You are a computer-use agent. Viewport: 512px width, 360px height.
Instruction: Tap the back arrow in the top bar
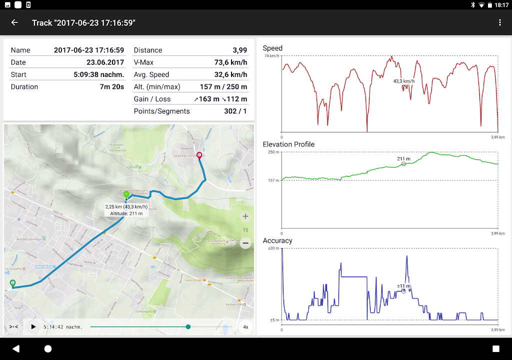pyautogui.click(x=14, y=22)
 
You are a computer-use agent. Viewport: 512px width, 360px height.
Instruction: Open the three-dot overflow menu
pyautogui.click(x=499, y=22)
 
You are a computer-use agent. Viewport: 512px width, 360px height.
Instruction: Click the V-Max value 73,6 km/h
pyautogui.click(x=228, y=62)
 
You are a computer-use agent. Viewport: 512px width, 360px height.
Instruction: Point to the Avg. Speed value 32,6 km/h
pyautogui.click(x=228, y=74)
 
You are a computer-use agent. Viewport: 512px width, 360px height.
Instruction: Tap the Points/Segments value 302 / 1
pyautogui.click(x=235, y=111)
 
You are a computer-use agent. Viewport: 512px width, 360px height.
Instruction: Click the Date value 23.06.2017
pyautogui.click(x=105, y=62)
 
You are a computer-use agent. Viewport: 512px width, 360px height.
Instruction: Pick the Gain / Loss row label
pyautogui.click(x=152, y=99)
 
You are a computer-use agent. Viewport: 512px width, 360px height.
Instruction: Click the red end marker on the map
pyautogui.click(x=199, y=156)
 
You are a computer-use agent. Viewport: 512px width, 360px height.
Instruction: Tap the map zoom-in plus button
pyautogui.click(x=245, y=216)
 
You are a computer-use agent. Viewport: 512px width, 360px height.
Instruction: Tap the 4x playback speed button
pyautogui.click(x=245, y=327)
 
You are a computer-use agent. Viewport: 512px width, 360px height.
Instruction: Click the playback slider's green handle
pyautogui.click(x=188, y=327)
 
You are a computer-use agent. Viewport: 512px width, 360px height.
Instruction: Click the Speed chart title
pyautogui.click(x=272, y=48)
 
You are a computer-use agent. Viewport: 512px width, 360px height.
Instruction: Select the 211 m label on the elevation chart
pyautogui.click(x=404, y=159)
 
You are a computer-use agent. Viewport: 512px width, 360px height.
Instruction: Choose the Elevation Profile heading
pyautogui.click(x=288, y=144)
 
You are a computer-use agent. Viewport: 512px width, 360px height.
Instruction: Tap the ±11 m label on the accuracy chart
pyautogui.click(x=403, y=286)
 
